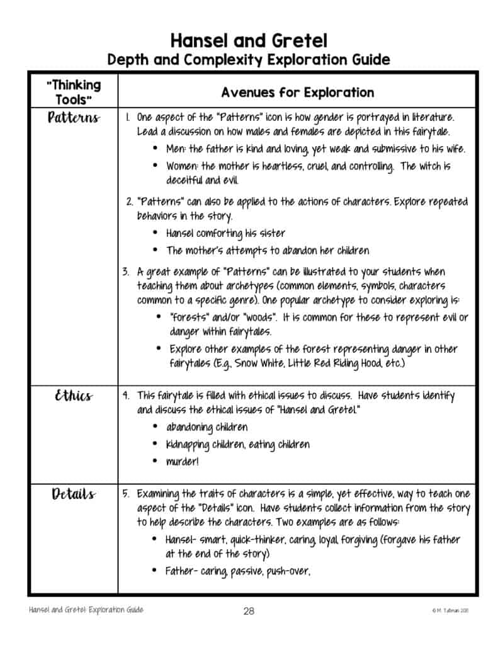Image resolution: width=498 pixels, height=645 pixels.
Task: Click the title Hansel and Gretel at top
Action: point(249,41)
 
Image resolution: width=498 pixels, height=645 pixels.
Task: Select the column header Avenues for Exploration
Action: point(297,93)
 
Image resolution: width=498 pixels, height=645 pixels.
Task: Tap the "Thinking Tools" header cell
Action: point(73,92)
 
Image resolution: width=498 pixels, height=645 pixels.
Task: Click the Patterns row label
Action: point(73,118)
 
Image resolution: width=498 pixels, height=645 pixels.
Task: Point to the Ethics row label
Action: point(73,396)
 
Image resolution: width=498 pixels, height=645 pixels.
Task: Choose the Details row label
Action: point(73,494)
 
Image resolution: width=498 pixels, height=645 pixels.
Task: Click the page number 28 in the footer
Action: point(249,610)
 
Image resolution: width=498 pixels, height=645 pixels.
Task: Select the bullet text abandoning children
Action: point(207,428)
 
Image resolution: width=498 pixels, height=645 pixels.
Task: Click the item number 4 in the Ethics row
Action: point(126,396)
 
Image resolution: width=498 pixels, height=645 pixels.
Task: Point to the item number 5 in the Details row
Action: point(126,494)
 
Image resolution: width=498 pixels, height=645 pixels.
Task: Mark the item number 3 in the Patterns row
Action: point(126,272)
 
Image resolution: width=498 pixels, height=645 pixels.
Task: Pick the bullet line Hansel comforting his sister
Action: point(225,233)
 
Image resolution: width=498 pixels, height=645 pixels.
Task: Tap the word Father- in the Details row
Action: point(181,571)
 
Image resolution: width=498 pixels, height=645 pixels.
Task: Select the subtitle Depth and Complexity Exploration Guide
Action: point(249,60)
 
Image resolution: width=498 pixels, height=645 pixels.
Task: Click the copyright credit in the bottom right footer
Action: point(450,610)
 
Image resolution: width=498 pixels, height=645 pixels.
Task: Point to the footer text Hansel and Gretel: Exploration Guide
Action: point(86,610)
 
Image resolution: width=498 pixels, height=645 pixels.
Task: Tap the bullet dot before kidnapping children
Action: point(155,445)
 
